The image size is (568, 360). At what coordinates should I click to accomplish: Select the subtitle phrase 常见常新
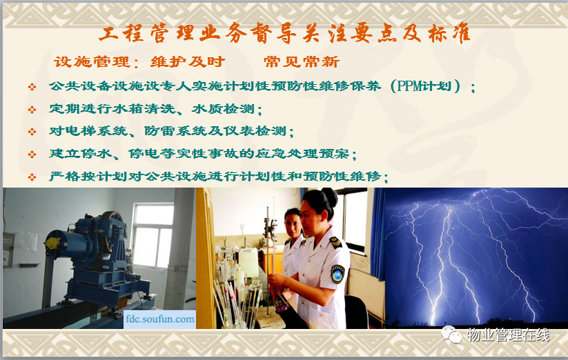point(302,62)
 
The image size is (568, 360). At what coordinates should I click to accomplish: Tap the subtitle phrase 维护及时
point(188,62)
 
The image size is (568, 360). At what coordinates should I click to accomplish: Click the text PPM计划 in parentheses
point(424,86)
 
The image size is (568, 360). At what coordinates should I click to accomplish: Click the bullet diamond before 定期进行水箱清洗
point(32,109)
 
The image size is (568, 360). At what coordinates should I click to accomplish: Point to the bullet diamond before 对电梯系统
point(32,132)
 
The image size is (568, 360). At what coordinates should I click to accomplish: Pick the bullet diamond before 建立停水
point(32,154)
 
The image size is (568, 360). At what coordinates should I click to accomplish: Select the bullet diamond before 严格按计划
point(32,177)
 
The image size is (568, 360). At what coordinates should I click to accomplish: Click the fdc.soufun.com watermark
point(159,319)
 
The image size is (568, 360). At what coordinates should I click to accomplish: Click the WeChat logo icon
point(451,334)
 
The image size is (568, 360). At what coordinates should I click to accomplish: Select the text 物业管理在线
point(508,335)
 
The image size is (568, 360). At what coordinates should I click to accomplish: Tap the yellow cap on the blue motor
point(52,243)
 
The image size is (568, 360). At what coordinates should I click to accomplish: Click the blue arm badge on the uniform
point(337,274)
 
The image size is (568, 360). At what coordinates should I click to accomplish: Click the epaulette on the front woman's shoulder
point(335,242)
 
